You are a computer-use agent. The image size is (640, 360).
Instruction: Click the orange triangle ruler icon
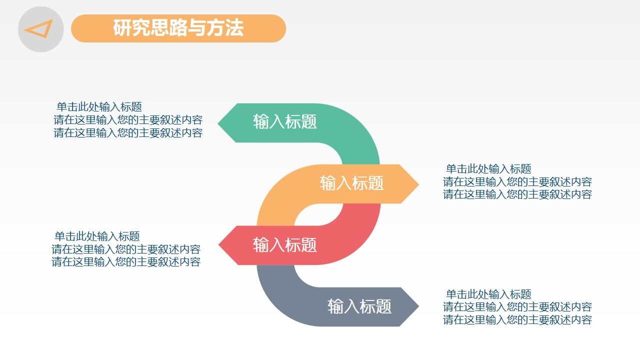(x=39, y=29)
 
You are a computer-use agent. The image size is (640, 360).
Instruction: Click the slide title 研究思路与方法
(x=178, y=28)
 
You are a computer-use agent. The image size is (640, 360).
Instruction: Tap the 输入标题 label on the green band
(x=285, y=122)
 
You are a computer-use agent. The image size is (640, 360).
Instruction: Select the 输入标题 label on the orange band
(x=351, y=183)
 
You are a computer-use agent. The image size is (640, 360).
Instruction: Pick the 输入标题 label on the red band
(x=285, y=245)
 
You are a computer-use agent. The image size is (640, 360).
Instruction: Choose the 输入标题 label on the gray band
(x=359, y=306)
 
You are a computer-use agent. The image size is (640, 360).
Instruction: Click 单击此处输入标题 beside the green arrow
(x=99, y=107)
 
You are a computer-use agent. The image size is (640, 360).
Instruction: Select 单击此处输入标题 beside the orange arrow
(x=488, y=169)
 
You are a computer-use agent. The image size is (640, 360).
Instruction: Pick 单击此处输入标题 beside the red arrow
(x=97, y=236)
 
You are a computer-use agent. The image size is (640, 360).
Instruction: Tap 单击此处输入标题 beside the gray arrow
(x=488, y=294)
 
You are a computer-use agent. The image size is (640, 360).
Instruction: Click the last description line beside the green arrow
(x=128, y=133)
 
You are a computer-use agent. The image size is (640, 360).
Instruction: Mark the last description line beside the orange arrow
(x=517, y=194)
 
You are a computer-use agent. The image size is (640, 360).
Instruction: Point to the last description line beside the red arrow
(x=126, y=262)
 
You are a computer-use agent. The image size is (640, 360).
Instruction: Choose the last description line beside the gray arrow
(x=517, y=320)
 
